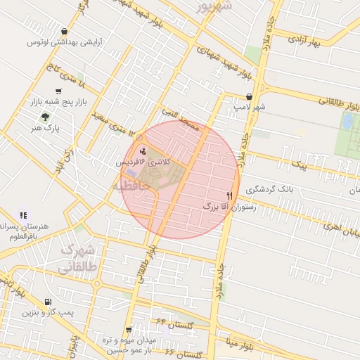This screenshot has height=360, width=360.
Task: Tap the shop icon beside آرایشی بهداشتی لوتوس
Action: pos(65,31)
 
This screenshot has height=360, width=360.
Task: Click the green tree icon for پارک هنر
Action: pos(46,117)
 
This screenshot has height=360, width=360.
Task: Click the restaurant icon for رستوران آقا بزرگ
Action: pos(229,195)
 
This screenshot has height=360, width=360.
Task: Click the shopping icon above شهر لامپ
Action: pos(250,97)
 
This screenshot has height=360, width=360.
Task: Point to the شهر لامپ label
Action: pos(250,108)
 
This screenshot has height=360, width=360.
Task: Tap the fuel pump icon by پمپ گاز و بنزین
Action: pos(47,302)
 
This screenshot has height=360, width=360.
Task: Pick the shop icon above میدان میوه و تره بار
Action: pos(129,329)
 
